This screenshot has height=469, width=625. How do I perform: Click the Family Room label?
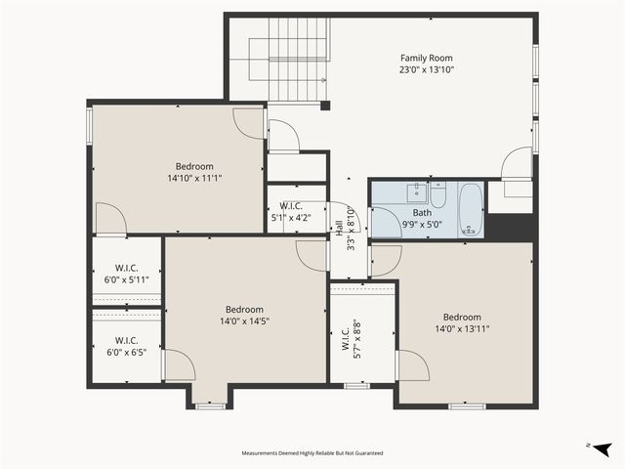click(x=427, y=58)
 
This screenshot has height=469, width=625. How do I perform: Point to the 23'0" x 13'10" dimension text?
click(x=427, y=69)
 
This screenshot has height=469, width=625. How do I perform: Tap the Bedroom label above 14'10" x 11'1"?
click(x=194, y=166)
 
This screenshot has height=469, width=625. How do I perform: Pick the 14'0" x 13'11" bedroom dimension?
click(x=462, y=329)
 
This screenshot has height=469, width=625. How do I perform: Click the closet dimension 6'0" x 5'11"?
click(x=126, y=278)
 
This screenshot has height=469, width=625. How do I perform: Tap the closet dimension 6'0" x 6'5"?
click(x=126, y=352)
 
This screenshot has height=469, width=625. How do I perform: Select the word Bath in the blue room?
click(x=422, y=212)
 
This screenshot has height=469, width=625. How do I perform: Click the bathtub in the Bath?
click(x=470, y=208)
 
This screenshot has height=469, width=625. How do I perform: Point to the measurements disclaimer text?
click(x=312, y=453)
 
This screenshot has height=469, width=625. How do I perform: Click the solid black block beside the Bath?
click(x=509, y=227)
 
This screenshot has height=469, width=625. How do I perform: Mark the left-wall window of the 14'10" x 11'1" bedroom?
click(x=90, y=124)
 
